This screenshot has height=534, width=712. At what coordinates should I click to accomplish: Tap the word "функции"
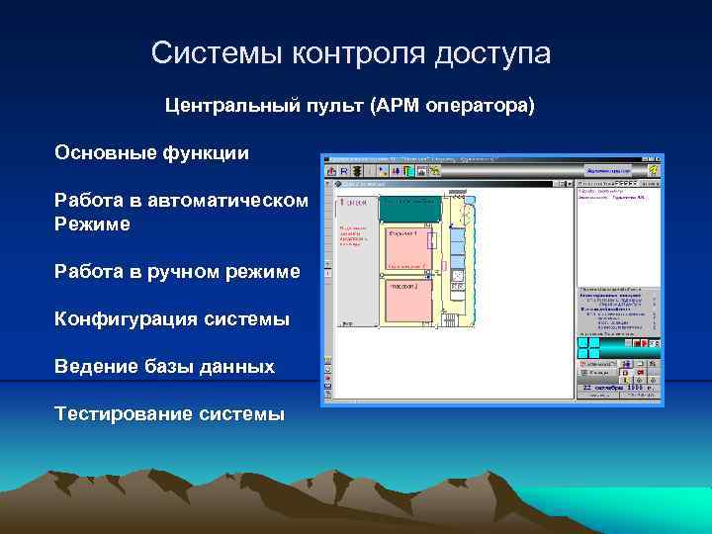205,153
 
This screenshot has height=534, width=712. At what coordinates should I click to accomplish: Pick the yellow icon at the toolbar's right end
653,170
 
